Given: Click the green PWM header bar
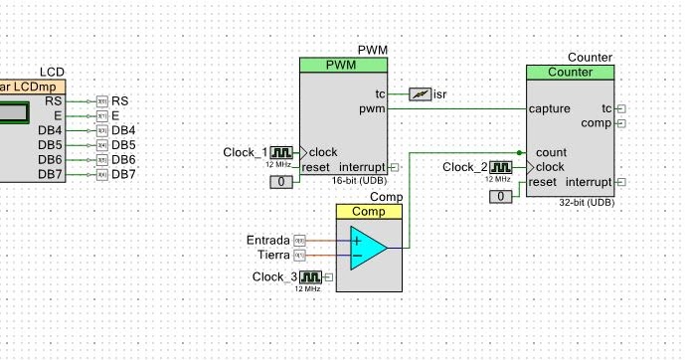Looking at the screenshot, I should tap(343, 65).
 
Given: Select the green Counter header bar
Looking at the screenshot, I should tap(570, 73).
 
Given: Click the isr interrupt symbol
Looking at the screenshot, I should tap(421, 93).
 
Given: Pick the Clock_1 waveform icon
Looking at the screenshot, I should tap(284, 152).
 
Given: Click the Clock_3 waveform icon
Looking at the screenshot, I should tap(313, 276).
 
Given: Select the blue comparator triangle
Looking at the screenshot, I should tap(367, 248).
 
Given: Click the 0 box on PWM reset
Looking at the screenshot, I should tap(283, 181).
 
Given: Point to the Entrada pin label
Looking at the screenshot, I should tap(267, 241).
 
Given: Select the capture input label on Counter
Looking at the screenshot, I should tap(550, 108).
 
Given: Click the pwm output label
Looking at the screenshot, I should tap(373, 108).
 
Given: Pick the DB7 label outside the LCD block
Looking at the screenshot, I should tap(123, 174).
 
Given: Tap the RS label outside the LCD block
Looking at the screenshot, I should tap(119, 101).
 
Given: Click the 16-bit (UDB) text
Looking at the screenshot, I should tap(361, 180).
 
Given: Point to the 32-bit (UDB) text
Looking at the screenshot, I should tap(587, 202).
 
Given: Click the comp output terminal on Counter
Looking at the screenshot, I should tap(621, 123).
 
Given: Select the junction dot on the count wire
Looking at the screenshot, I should tap(520, 152).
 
